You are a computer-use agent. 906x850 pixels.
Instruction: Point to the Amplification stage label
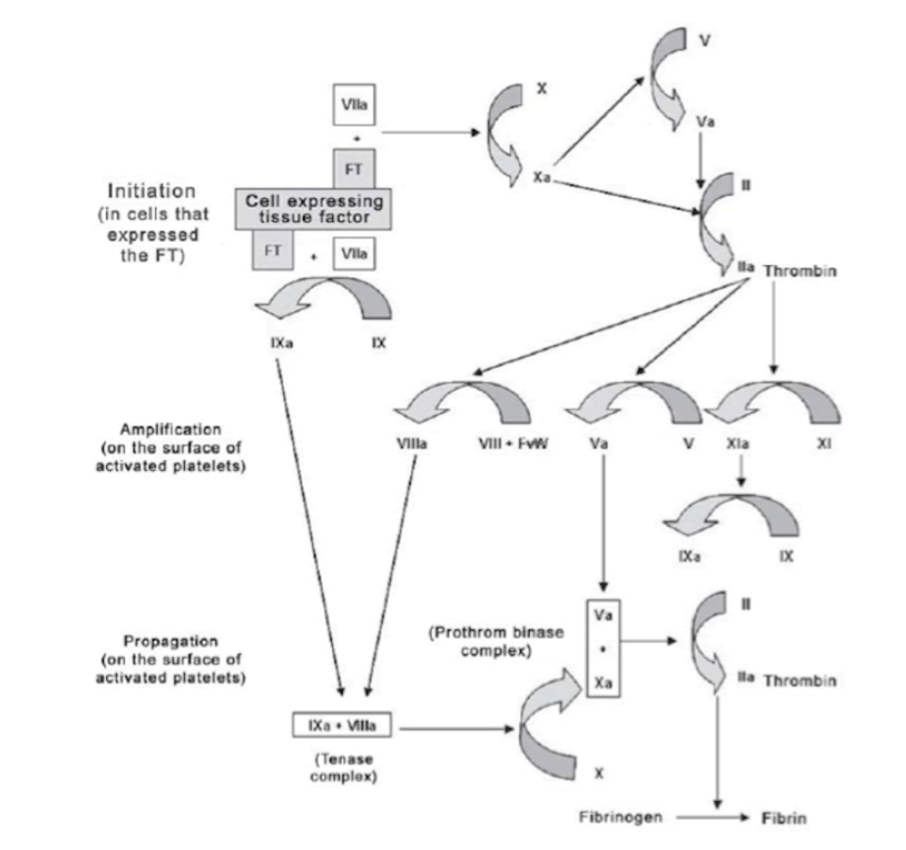coord(171,429)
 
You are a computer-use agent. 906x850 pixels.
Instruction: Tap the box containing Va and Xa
coord(604,642)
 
